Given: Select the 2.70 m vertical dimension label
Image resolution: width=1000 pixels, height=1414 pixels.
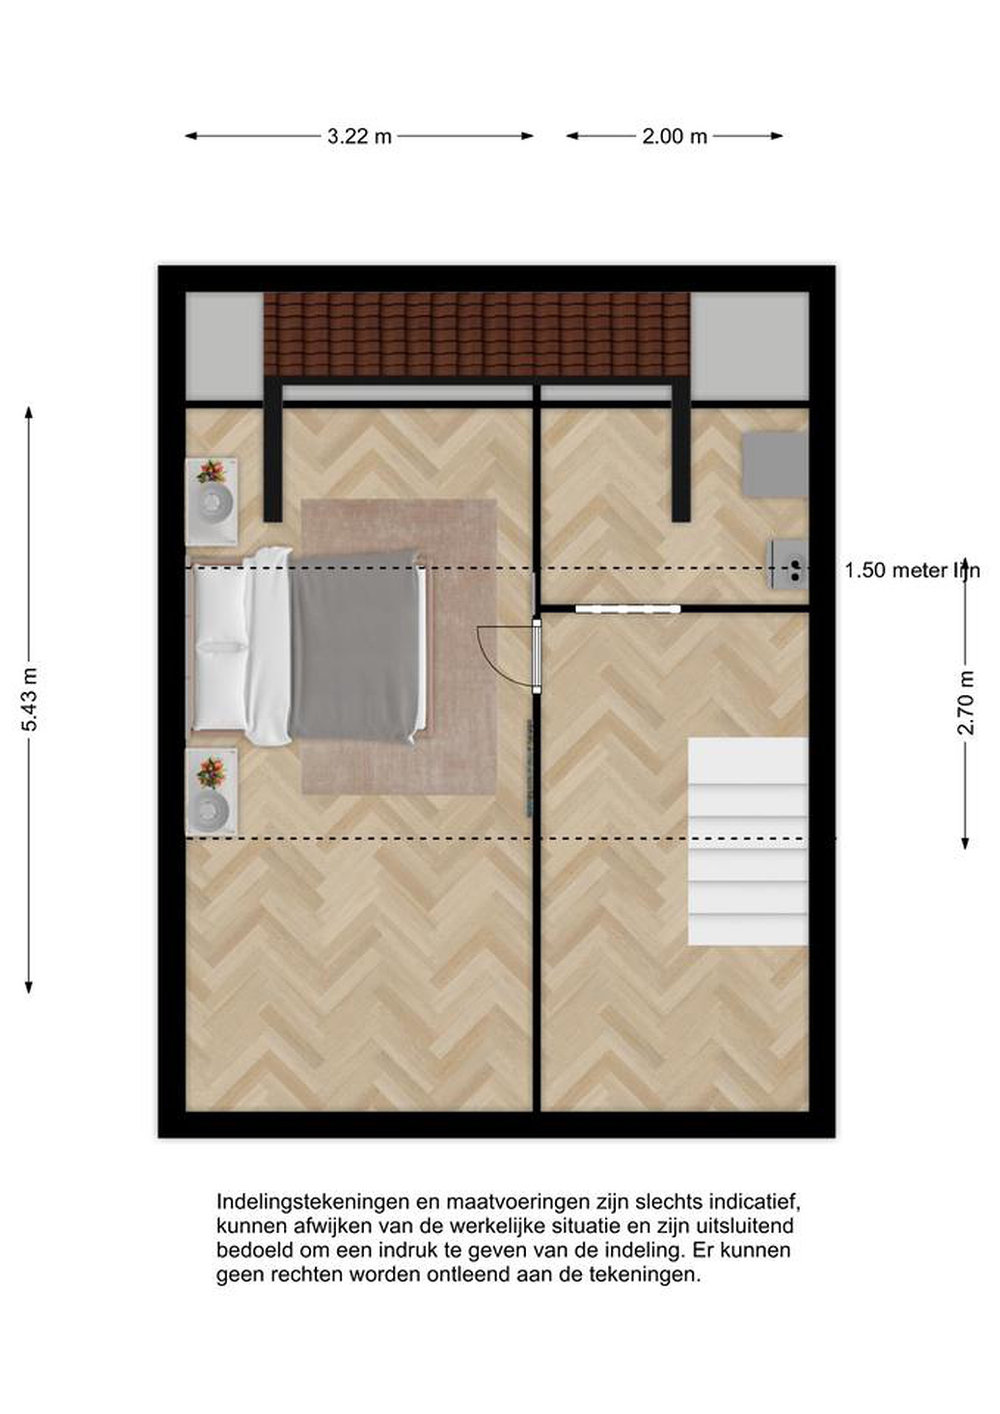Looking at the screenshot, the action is tap(966, 703).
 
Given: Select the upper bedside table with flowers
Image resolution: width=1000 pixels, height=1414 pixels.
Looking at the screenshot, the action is tap(211, 501).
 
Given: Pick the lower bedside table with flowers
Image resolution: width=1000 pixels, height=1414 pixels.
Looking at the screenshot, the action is tap(211, 792).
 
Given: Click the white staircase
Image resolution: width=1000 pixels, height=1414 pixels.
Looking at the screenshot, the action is tap(748, 841).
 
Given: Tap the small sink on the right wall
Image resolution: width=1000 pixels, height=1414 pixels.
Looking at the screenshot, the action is tap(787, 564).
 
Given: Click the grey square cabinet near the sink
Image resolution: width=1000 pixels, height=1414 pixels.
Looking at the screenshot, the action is tap(775, 464).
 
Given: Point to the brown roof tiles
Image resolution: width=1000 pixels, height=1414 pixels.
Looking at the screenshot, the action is tap(477, 334).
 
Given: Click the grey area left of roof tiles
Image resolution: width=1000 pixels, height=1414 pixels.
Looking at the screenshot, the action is tap(224, 346).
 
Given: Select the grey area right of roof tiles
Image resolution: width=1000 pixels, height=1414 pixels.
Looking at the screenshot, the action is tap(749, 346).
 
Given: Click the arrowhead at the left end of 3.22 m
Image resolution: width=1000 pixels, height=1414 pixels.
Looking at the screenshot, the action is tap(191, 136).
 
